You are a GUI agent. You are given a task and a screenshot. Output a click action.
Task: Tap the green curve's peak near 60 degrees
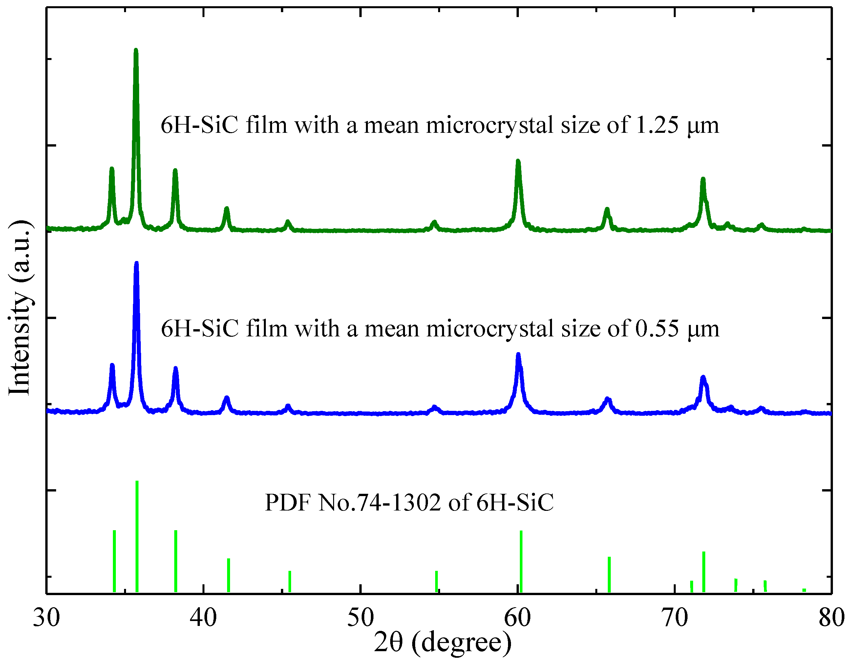[518, 162]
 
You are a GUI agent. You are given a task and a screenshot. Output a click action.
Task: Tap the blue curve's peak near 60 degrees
[518, 355]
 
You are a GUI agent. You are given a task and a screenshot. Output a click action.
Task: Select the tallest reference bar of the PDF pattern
[137, 536]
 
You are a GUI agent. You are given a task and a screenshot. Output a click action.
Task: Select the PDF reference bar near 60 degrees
[521, 561]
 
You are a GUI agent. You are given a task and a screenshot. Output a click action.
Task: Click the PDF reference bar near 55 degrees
[436, 581]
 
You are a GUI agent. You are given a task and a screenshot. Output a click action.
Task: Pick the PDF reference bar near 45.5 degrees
[289, 581]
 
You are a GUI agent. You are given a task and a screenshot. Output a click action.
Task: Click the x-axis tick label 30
[46, 618]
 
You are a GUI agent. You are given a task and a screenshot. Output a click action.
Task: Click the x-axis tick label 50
[360, 618]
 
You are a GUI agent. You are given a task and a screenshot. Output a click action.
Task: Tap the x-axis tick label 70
[674, 618]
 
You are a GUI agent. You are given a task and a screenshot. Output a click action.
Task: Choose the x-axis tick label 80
[831, 618]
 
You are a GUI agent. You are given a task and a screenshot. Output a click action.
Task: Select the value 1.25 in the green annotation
[657, 125]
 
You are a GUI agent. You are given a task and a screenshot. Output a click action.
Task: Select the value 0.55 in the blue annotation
[657, 328]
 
